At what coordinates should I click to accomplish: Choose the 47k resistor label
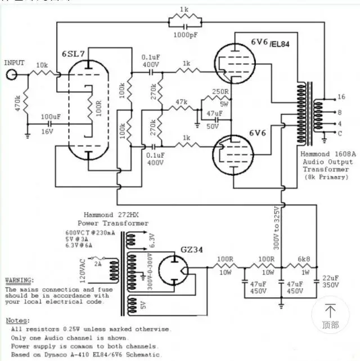tap(181, 102)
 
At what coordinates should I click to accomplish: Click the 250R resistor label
tap(220, 92)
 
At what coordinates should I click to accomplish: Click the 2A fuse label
tap(97, 262)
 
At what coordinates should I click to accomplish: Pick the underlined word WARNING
tap(19, 280)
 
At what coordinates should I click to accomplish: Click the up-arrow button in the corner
tap(331, 315)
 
